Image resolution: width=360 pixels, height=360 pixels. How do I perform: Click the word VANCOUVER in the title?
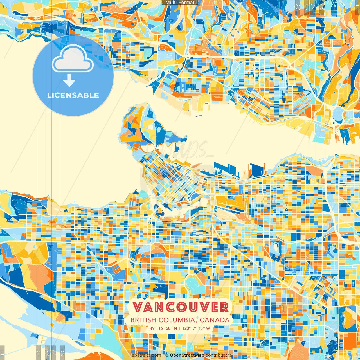[x=181, y=307]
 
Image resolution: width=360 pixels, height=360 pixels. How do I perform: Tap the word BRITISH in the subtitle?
[x=143, y=320]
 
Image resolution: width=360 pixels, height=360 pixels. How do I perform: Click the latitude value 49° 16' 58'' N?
[x=163, y=328]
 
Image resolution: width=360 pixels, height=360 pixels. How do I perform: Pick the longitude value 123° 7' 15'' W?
[x=196, y=328]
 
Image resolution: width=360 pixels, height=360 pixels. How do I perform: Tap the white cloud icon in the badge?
[x=73, y=59]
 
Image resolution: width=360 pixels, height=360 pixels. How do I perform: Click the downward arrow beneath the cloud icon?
[x=69, y=81]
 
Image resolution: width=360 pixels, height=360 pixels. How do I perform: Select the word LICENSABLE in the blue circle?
[x=73, y=95]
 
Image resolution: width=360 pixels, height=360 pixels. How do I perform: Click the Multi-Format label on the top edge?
[x=180, y=3]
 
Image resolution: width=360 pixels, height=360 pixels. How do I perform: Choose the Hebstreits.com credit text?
[x=145, y=355]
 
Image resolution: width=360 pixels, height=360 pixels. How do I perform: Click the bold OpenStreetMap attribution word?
[x=187, y=355]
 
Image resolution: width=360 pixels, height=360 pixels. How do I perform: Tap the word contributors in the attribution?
[x=219, y=355]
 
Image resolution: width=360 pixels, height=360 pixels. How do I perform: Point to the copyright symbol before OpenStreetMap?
[x=167, y=355]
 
